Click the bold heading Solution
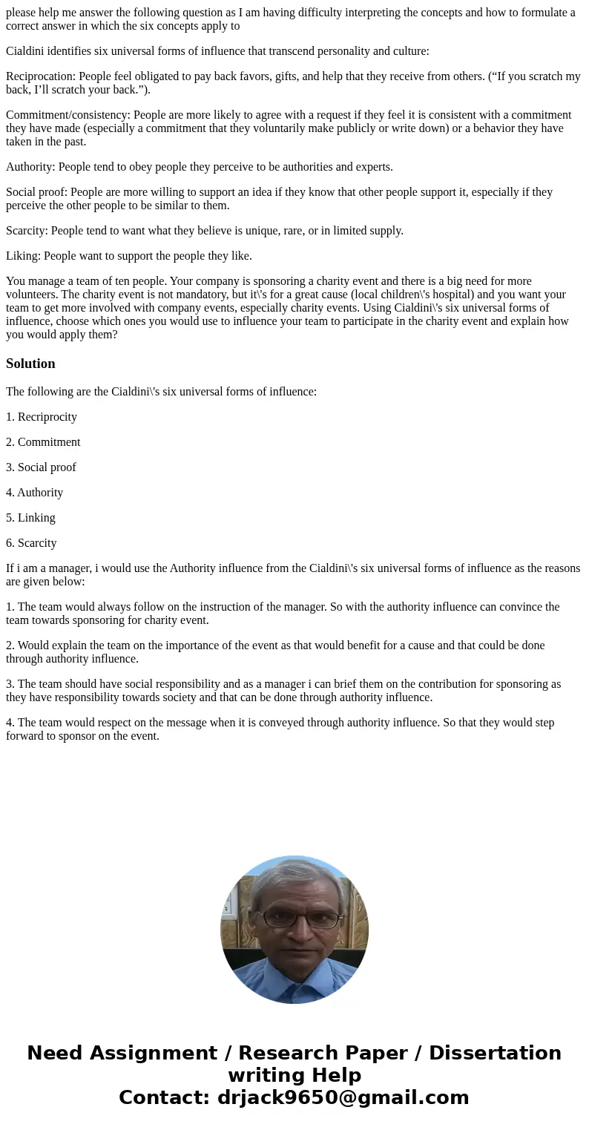click(x=30, y=364)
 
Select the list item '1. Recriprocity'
click(x=42, y=417)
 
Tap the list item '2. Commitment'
click(x=43, y=442)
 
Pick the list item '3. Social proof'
click(x=41, y=467)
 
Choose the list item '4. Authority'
click(x=35, y=493)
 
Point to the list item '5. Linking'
click(x=30, y=518)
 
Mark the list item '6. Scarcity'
click(x=31, y=543)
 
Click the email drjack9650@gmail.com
click(x=343, y=1097)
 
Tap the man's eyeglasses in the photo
click(x=293, y=919)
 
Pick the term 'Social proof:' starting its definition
click(x=36, y=192)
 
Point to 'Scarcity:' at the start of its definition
click(x=27, y=231)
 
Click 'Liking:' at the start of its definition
click(x=23, y=256)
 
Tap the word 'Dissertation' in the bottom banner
click(x=495, y=1053)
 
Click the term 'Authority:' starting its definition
click(x=30, y=167)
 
